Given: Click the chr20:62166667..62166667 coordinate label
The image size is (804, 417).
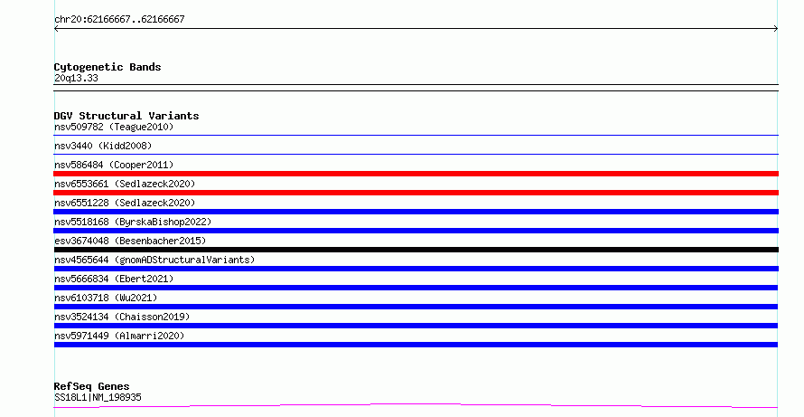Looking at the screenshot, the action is click(119, 20).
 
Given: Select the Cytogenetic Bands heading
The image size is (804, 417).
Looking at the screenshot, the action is click(108, 67).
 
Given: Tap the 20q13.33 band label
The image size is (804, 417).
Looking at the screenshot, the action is click(76, 78).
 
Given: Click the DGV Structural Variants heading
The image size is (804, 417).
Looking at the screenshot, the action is click(126, 116).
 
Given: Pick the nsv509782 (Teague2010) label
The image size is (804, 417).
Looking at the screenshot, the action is click(114, 127).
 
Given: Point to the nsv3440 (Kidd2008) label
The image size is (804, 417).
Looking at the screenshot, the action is click(103, 146).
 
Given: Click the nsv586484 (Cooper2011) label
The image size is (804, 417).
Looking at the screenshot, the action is click(114, 165).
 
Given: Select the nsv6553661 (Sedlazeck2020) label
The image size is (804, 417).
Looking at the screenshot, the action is click(125, 184).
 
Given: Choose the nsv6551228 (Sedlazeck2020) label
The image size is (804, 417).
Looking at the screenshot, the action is click(125, 203).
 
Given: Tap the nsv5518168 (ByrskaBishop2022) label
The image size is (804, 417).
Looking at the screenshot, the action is click(133, 222).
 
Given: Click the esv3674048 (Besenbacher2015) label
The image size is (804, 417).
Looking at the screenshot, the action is click(130, 241).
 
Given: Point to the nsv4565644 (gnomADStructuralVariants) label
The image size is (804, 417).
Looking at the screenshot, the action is click(154, 260).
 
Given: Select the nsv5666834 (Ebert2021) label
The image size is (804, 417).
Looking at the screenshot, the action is click(114, 279).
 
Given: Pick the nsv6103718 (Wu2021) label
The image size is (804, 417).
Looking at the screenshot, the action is click(106, 298).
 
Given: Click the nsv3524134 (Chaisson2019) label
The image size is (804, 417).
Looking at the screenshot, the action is click(122, 317).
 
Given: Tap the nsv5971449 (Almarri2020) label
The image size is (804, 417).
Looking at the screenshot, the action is click(119, 336).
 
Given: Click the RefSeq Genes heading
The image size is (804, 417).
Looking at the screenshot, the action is click(91, 387).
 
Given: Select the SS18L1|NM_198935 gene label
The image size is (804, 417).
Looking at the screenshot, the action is click(98, 397).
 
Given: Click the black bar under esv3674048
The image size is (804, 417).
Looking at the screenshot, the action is click(416, 250).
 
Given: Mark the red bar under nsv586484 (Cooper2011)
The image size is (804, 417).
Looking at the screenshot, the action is click(416, 174).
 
